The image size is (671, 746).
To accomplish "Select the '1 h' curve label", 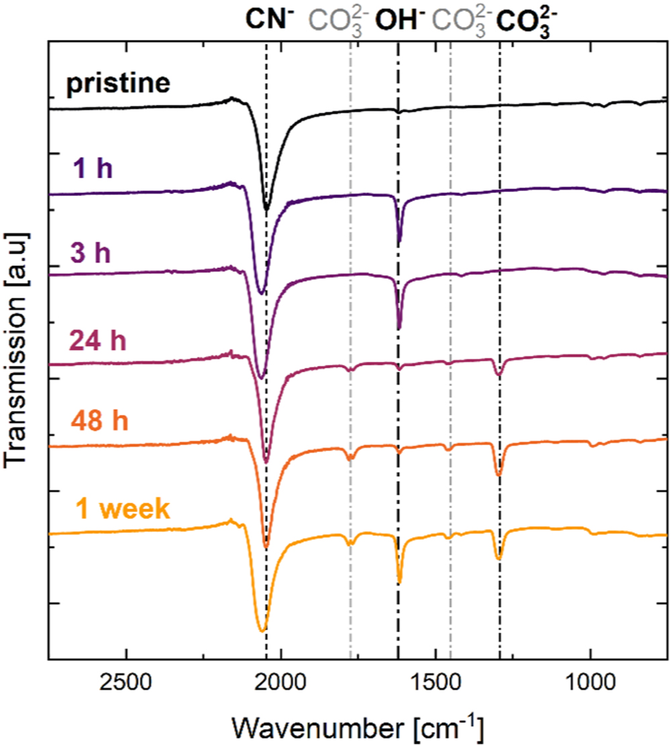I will [93, 168].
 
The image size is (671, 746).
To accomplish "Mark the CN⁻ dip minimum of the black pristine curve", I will [266, 209].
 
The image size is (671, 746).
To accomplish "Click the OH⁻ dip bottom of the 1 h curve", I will [400, 241].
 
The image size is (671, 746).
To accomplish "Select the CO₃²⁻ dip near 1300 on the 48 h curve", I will [498, 475].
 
